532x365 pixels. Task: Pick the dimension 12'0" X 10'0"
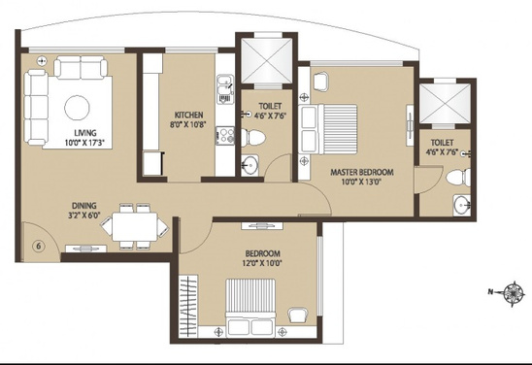[x=264, y=261]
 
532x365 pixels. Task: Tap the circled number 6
[x=38, y=245]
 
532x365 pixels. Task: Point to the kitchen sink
[x=224, y=91]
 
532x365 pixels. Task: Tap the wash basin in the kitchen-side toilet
[x=251, y=164]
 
